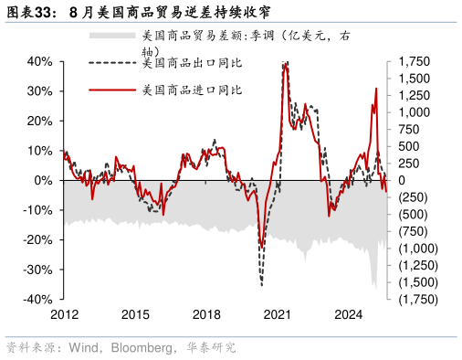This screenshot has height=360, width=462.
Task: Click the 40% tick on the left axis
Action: [x=37, y=61]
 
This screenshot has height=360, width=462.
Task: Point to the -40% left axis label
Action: [x=36, y=300]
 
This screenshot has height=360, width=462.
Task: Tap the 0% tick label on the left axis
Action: [x=42, y=180]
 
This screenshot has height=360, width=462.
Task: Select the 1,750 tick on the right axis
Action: [x=409, y=61]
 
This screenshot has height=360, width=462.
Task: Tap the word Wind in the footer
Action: [x=78, y=348]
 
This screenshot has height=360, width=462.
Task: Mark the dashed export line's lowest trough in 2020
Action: [x=261, y=285]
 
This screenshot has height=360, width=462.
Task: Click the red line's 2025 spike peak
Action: [x=376, y=89]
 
